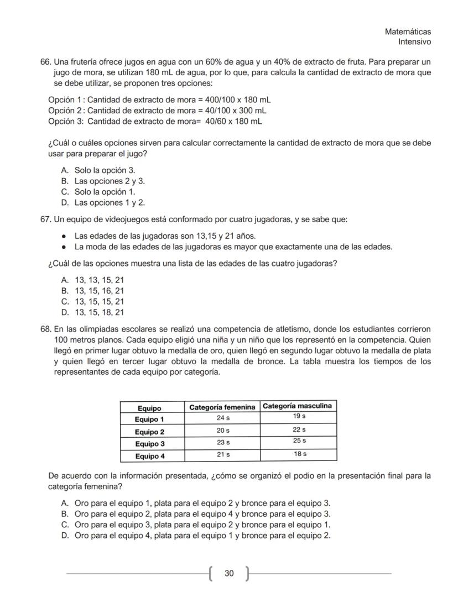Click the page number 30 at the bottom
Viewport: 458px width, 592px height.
coord(228,573)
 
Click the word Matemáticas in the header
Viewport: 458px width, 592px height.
coord(408,32)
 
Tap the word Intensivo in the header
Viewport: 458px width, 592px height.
coord(414,42)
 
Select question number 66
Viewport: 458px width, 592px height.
coord(46,61)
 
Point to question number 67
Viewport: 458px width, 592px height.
coord(46,219)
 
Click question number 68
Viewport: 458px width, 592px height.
coord(46,328)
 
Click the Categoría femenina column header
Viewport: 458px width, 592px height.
coord(222,407)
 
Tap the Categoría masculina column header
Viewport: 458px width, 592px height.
coord(298,406)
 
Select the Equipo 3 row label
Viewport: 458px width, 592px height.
coord(150,444)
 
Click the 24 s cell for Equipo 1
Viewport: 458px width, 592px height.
coord(222,418)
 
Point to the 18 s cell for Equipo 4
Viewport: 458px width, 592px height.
coord(299,454)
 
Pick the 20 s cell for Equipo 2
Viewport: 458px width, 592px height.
coord(222,431)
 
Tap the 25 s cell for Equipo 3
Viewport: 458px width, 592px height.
coord(299,441)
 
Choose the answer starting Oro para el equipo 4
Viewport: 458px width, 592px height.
coord(202,535)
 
